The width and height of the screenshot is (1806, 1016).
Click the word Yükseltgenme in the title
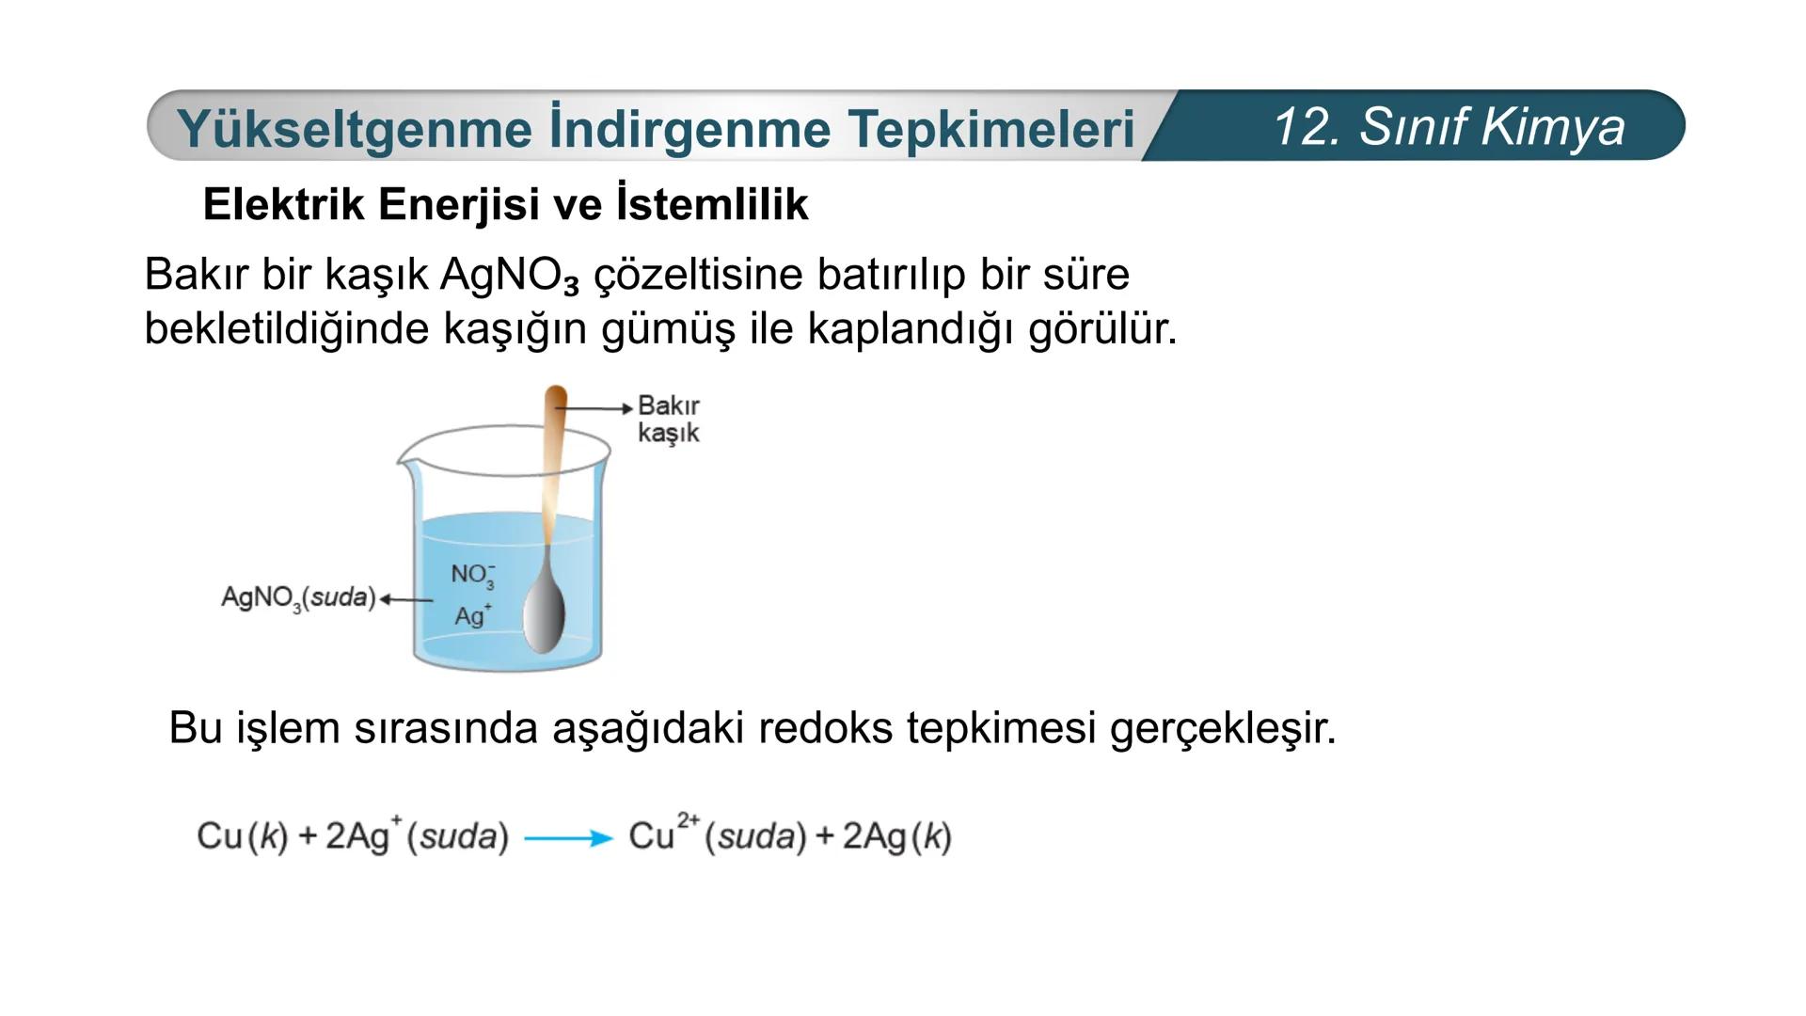click(x=354, y=129)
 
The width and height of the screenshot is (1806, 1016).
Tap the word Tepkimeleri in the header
click(x=990, y=129)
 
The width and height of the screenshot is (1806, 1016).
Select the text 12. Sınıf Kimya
click(x=1449, y=126)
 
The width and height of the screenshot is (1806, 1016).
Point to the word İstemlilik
click(x=712, y=204)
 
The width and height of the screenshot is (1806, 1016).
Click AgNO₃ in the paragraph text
click(x=509, y=275)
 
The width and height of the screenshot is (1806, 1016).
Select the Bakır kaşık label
click(x=669, y=419)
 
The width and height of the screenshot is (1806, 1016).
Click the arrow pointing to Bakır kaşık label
click(x=594, y=408)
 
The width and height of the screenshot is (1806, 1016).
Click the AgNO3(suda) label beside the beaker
click(x=298, y=597)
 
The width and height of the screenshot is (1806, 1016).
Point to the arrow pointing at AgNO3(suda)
click(x=406, y=599)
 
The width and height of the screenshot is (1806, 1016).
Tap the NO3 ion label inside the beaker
click(x=473, y=575)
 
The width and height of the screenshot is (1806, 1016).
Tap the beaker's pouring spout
click(x=404, y=460)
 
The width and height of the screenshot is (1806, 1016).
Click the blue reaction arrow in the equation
click(x=568, y=837)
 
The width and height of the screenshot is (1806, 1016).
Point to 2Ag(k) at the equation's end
click(x=896, y=836)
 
